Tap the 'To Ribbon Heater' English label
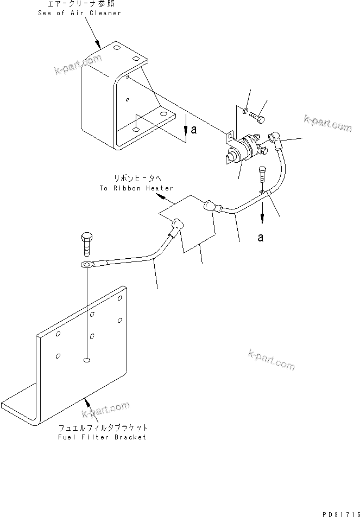pos(136,188)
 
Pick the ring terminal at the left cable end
pos(86,264)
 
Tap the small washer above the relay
pos(246,111)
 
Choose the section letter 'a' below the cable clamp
pos(261,238)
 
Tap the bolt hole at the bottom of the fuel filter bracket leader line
pos(86,359)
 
